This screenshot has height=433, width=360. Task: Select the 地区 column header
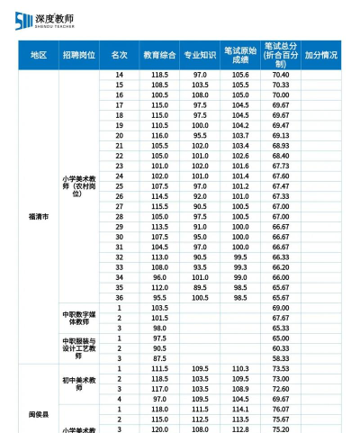(38, 55)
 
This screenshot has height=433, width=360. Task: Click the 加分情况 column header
(321, 55)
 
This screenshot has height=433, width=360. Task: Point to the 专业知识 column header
(200, 55)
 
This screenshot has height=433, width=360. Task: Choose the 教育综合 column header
(159, 55)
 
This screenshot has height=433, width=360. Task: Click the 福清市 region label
(38, 217)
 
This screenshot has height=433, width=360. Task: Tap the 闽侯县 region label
(38, 414)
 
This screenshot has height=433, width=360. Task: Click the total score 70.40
(280, 74)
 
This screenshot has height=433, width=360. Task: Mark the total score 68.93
(280, 145)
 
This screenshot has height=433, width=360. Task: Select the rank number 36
(119, 297)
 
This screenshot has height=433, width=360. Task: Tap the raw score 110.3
(240, 368)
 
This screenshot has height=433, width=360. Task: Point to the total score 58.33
(280, 358)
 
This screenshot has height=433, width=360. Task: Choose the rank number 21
(119, 145)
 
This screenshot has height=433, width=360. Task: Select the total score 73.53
(280, 368)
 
